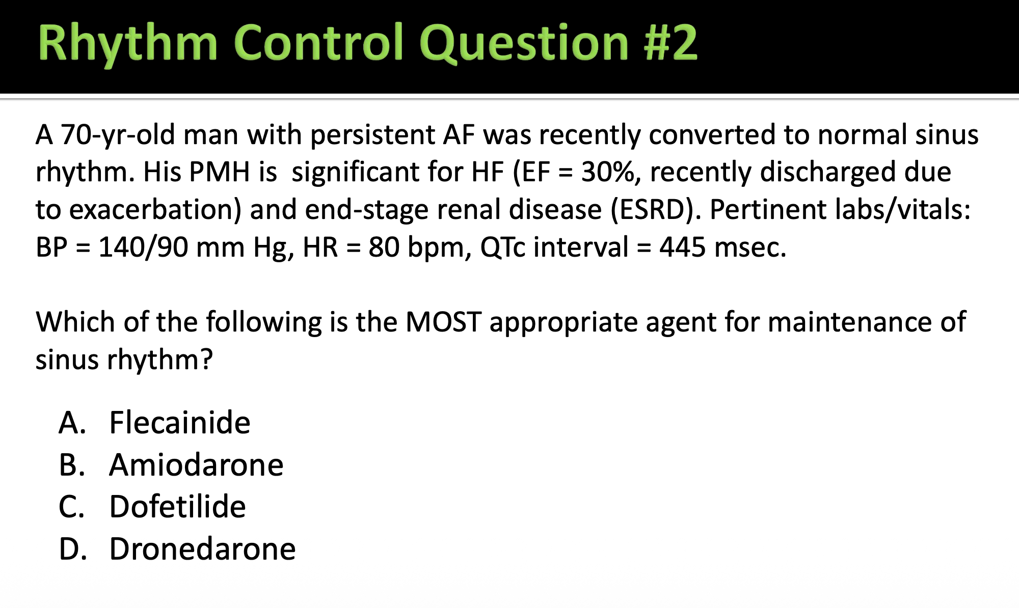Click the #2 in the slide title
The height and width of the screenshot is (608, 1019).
(671, 43)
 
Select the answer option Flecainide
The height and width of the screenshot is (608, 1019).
(180, 423)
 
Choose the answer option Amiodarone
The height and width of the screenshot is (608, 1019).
(196, 465)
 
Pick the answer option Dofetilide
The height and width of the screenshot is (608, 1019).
(178, 507)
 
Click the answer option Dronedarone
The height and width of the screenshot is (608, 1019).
(203, 549)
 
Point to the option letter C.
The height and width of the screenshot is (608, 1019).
(72, 507)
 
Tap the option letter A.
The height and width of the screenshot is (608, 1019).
(72, 423)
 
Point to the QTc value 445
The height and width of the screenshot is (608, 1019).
(683, 247)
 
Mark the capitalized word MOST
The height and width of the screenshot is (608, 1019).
(443, 322)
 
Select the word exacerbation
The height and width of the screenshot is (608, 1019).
(155, 210)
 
